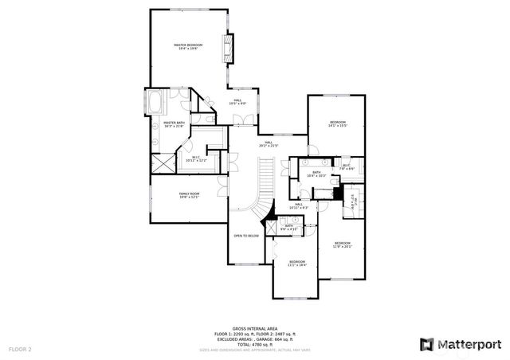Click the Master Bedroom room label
pyautogui.click(x=188, y=47)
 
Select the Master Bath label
pyautogui.click(x=173, y=124)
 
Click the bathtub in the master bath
pyautogui.click(x=154, y=102)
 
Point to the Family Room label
pyautogui.click(x=188, y=196)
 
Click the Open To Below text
pyautogui.click(x=245, y=236)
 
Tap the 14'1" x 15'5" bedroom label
pyautogui.click(x=338, y=124)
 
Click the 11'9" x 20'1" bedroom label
pyautogui.click(x=343, y=245)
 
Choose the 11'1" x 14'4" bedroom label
pyautogui.click(x=297, y=264)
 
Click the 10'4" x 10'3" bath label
pyautogui.click(x=316, y=174)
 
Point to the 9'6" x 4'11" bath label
pyautogui.click(x=288, y=227)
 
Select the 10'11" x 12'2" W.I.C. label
pyautogui.click(x=195, y=159)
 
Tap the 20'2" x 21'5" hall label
pyautogui.click(x=269, y=144)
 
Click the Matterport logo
pyautogui.click(x=459, y=344)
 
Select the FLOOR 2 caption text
pyautogui.click(x=20, y=350)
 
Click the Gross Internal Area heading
pyautogui.click(x=254, y=328)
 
